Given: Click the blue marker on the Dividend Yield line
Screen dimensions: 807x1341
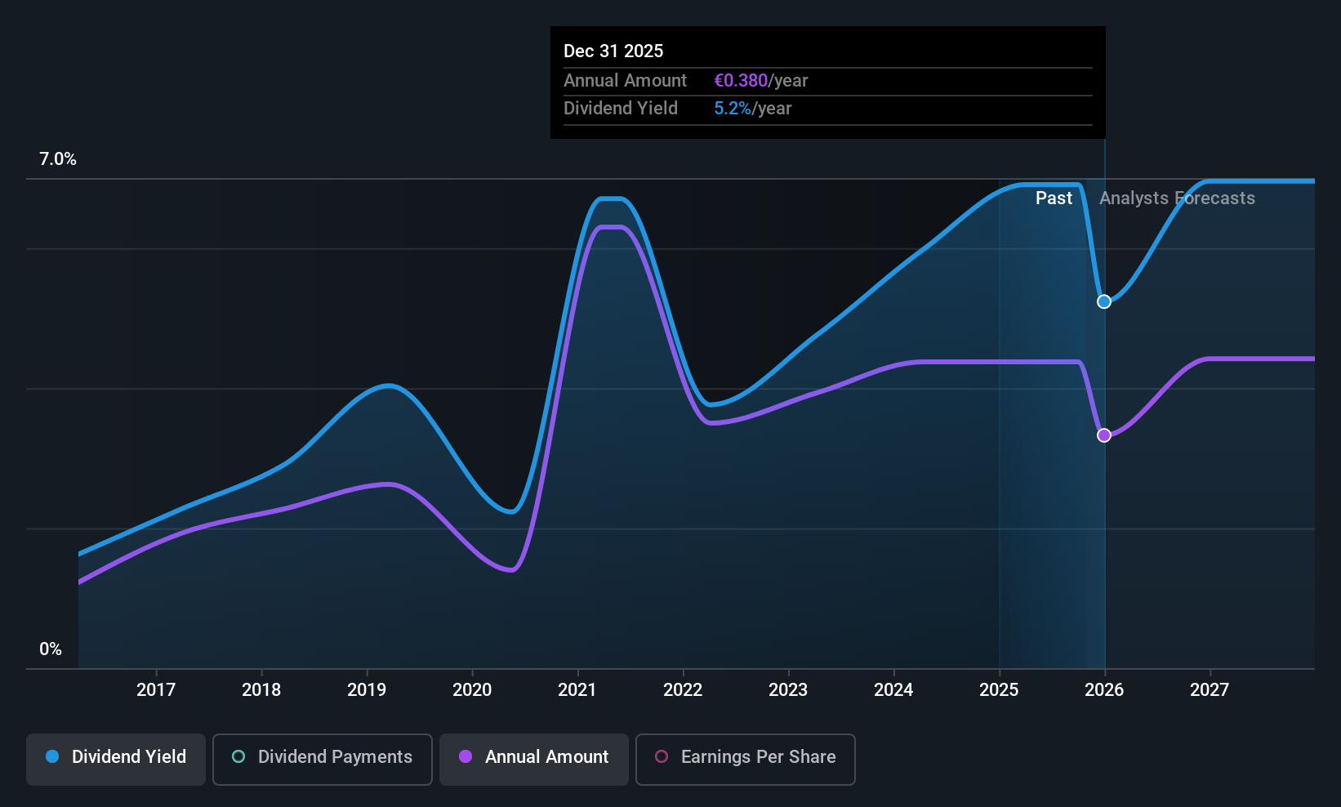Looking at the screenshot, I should [1103, 301].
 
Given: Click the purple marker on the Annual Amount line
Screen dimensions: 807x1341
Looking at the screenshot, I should [1103, 435].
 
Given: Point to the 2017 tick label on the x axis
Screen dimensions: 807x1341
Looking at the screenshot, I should [156, 689].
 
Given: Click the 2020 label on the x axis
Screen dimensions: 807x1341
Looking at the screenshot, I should [472, 689].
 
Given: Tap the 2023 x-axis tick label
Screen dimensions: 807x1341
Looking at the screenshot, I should [788, 689].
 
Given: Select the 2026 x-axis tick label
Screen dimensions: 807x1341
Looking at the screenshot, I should [1104, 689].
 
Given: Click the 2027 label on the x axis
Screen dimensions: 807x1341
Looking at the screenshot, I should [1210, 689].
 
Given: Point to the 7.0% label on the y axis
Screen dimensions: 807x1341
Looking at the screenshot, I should [58, 159].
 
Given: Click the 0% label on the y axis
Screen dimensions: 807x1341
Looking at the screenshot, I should [51, 649].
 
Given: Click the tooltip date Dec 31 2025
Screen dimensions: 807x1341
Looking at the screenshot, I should [613, 51].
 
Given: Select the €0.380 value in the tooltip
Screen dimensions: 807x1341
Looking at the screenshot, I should [741, 80].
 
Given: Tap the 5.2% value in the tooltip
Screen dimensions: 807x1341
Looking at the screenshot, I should [732, 108].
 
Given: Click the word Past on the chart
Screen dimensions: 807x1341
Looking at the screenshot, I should [1054, 198].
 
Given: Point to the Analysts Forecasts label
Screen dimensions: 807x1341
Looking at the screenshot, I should [1177, 198].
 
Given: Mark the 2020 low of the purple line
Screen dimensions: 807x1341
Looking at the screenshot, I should [510, 569].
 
